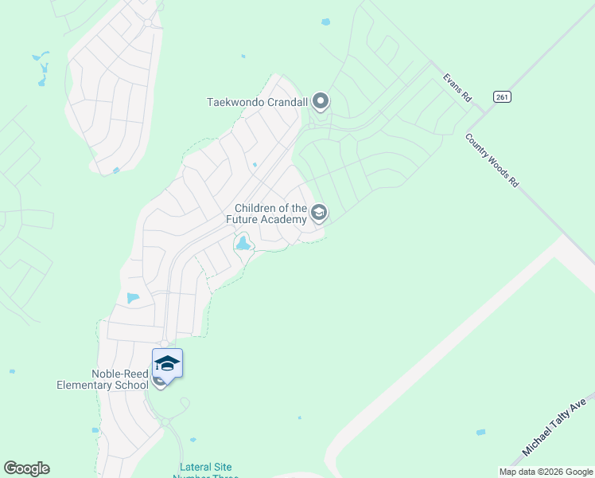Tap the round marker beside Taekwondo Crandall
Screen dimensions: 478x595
(321, 101)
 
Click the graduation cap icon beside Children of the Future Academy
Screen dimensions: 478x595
(319, 213)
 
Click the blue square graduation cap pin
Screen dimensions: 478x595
(167, 363)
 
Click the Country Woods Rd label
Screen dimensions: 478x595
(492, 160)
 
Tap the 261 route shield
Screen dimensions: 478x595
(502, 96)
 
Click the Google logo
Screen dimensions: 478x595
(26, 468)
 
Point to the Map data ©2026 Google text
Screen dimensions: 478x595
(545, 472)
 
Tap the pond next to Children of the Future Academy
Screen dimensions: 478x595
(243, 245)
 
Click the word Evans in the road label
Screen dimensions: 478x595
(452, 81)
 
